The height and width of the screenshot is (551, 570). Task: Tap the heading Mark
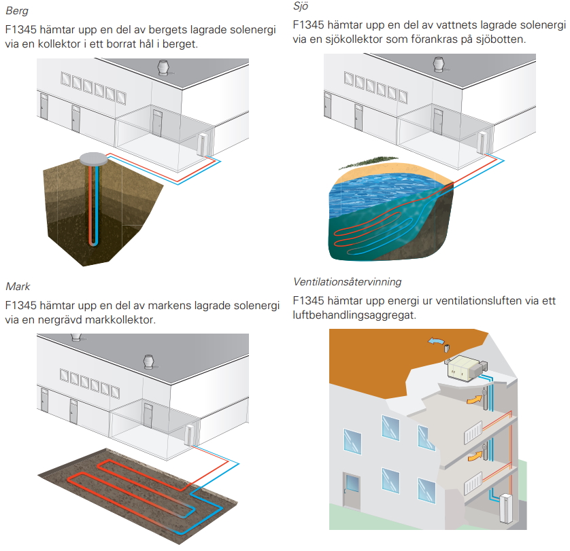pyautogui.click(x=18, y=286)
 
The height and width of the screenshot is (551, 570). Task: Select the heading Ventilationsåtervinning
pyautogui.click(x=347, y=281)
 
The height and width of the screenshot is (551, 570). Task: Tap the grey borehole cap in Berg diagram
pyautogui.click(x=94, y=158)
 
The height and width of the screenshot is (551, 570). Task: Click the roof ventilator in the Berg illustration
pyautogui.click(x=163, y=68)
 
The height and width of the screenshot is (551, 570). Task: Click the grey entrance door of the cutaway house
pyautogui.click(x=353, y=491)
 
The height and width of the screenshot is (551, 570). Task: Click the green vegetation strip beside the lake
pyautogui.click(x=358, y=164)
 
